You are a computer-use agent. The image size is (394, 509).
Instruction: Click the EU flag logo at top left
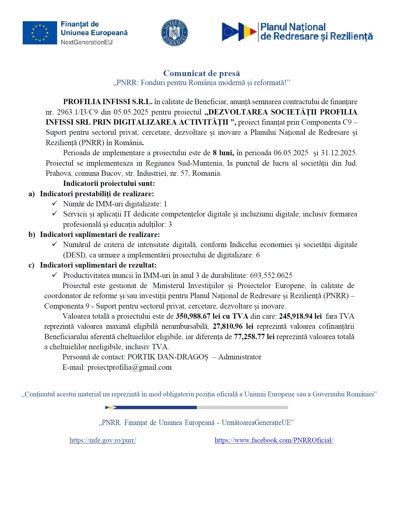coord(40,33)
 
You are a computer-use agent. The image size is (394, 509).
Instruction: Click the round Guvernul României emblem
coord(174,33)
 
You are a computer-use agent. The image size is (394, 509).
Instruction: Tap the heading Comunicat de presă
coord(201,73)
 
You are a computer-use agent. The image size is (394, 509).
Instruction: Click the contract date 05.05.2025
coord(131,112)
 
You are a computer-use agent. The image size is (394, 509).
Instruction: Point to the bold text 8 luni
coord(223,153)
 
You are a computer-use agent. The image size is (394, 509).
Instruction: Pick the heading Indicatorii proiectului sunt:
coord(109,183)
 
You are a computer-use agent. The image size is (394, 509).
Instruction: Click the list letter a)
coord(32,194)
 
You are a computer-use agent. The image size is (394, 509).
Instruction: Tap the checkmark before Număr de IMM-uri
coord(55,204)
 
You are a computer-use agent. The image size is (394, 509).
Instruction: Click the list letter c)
coord(31,265)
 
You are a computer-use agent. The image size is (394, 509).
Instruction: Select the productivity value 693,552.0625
coord(271,275)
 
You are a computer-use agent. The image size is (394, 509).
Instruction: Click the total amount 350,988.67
coord(193,316)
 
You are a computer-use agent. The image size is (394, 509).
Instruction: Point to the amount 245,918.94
coord(296,316)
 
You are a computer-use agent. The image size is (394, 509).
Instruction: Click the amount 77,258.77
coord(249,337)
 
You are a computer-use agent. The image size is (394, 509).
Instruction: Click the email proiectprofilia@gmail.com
coord(129,367)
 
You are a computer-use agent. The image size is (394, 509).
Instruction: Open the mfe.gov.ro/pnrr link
coord(103,440)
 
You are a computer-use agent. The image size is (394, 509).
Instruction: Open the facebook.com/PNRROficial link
coord(274,440)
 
